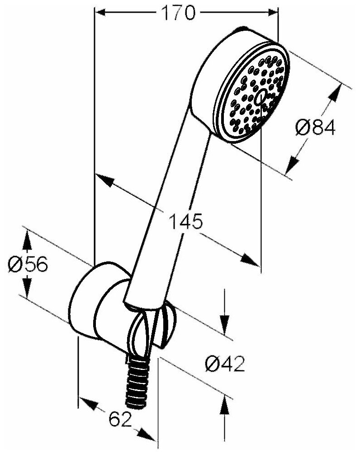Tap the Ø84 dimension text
(x=316, y=128)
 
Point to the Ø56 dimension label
(x=28, y=264)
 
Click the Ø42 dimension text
(x=224, y=363)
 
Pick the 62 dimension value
(x=120, y=420)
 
